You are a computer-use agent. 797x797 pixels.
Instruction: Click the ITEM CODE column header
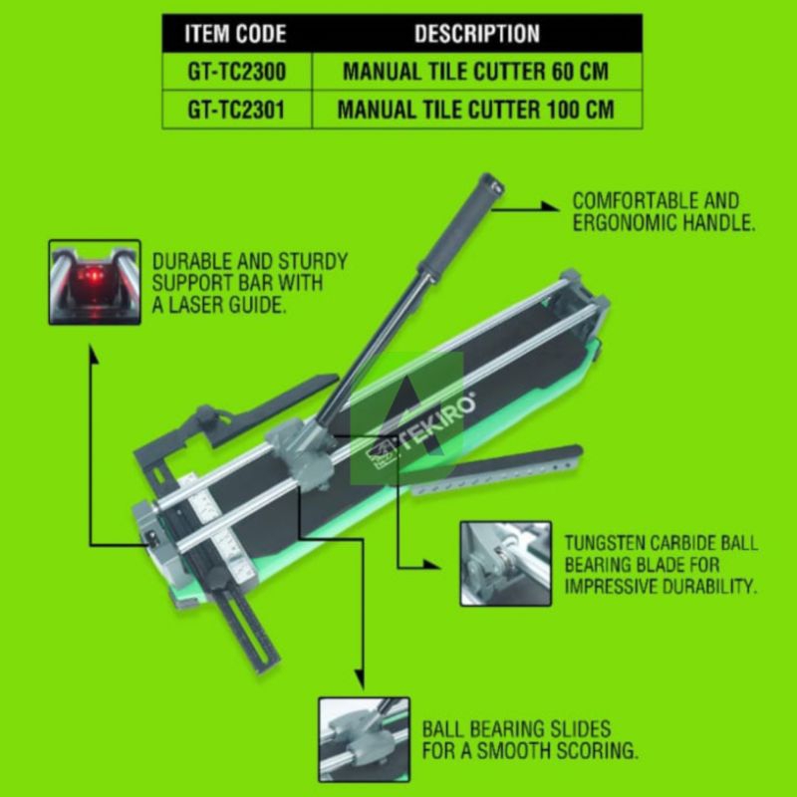236,34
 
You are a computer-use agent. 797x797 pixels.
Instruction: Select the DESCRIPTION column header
476,34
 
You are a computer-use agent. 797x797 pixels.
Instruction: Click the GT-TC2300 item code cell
236,72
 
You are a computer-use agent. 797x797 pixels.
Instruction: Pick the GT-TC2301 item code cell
236,109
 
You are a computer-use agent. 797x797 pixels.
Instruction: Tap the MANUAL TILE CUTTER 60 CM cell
476,72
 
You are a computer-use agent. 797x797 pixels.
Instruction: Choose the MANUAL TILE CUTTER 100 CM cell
476,109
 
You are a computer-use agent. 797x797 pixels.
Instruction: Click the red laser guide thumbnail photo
95,281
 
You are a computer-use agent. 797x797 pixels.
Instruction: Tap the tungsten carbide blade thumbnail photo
505,563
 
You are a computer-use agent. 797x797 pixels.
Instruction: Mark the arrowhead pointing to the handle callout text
550,206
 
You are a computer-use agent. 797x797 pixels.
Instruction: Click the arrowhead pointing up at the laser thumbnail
93,351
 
